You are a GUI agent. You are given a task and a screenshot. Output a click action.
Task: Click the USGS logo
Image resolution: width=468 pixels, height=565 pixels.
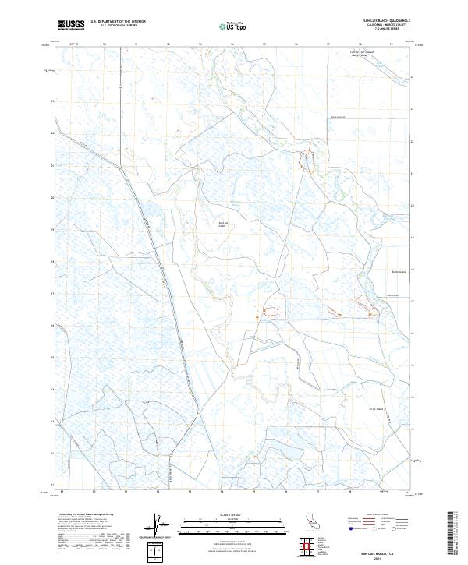click(x=71, y=25)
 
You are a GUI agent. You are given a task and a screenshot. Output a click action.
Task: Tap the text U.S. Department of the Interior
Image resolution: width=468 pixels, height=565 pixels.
click(x=118, y=23)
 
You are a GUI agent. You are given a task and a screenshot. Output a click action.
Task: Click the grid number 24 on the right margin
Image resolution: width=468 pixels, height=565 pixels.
click(x=412, y=77)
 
